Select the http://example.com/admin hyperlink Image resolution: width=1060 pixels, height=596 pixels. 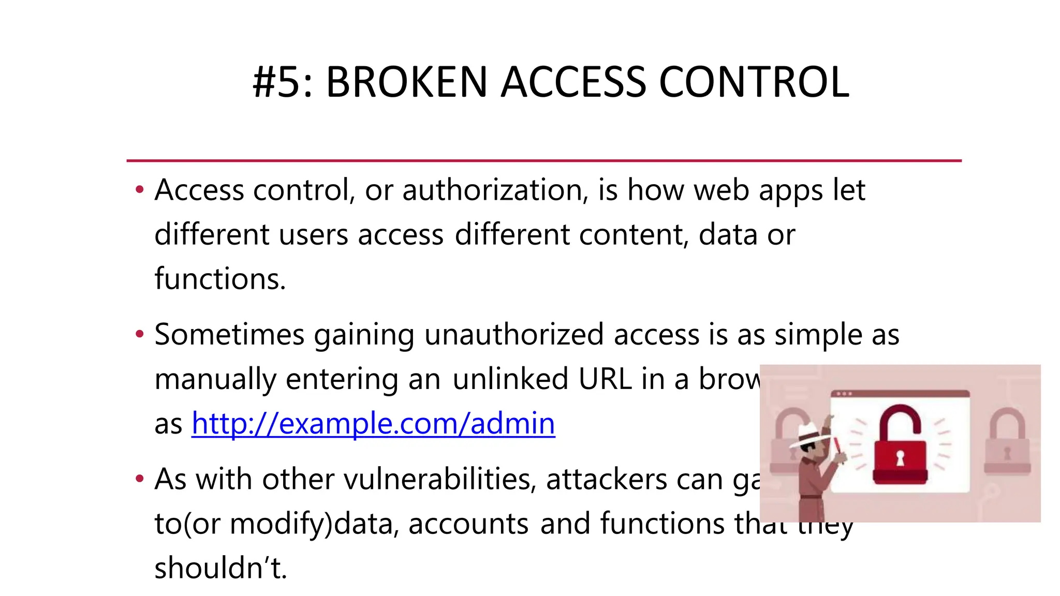373,424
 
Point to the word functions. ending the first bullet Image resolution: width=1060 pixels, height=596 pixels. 220,279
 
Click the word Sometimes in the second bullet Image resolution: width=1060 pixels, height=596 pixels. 229,335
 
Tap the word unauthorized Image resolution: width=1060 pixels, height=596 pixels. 514,335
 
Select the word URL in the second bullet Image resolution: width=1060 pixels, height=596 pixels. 605,379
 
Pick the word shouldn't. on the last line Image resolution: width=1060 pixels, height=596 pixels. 220,568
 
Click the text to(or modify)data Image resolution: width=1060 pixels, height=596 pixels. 276,524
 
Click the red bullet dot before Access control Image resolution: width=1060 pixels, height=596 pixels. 139,190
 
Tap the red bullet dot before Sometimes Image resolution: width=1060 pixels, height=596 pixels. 139,334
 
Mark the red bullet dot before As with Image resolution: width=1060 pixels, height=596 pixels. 139,479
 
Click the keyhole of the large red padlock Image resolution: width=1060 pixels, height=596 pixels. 900,458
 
